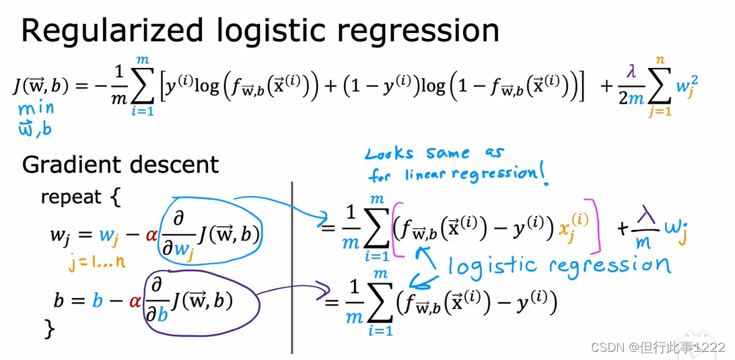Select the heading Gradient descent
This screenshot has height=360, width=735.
pyautogui.click(x=120, y=165)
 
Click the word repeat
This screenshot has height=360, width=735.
pyautogui.click(x=71, y=197)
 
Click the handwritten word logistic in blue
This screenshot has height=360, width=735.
pyautogui.click(x=494, y=267)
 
